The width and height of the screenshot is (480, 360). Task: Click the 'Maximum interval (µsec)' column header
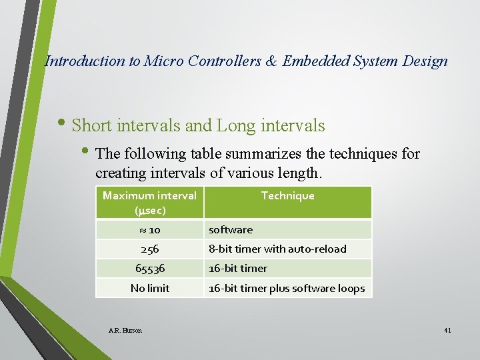(149, 202)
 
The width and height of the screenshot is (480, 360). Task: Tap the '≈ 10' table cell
(149, 229)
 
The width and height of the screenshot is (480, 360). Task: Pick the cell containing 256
(149, 249)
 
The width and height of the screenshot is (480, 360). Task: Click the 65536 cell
(149, 268)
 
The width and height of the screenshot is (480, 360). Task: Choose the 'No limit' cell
(149, 288)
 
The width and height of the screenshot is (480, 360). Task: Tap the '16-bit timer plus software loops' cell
(287, 288)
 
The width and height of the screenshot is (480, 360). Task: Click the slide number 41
(447, 330)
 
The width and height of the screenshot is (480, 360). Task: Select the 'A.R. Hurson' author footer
(125, 330)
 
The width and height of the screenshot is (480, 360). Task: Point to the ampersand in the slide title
(272, 61)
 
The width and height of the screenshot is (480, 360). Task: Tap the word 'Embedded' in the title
(315, 61)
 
